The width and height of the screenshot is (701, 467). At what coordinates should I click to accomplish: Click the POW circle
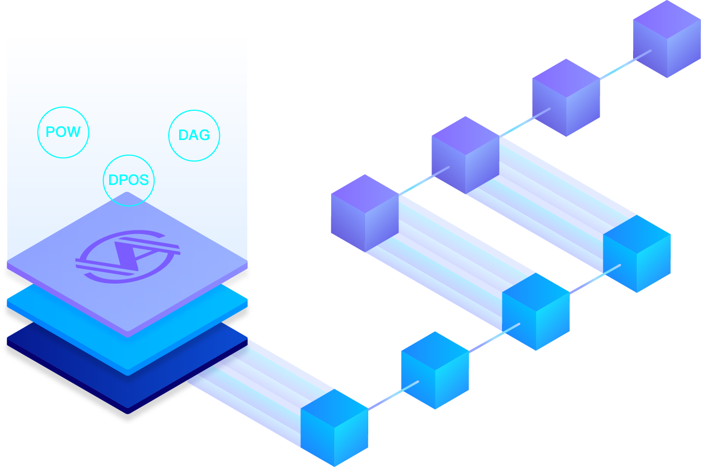tap(63, 133)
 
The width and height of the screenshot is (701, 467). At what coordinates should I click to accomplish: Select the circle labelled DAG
tap(194, 135)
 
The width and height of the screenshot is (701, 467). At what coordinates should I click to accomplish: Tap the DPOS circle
tap(128, 180)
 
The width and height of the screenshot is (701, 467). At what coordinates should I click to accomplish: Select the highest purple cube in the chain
tap(667, 39)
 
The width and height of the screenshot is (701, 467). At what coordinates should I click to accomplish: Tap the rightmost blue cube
tap(637, 253)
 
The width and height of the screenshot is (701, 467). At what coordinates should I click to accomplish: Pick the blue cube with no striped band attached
tap(435, 370)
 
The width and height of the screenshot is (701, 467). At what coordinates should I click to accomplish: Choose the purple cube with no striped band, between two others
tap(566, 97)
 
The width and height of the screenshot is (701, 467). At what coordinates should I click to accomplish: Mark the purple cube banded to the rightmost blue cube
tap(465, 155)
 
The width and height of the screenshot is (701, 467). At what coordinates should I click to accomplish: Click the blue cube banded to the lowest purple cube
tap(536, 311)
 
